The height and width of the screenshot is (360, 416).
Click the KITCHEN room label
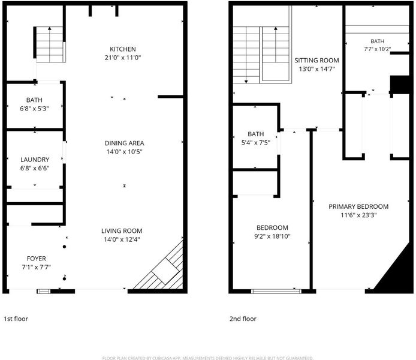[123, 49]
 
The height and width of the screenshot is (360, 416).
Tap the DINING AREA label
[124, 143]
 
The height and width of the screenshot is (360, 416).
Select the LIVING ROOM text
[122, 231]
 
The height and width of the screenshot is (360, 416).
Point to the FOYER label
[37, 259]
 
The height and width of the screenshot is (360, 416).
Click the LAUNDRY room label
[35, 160]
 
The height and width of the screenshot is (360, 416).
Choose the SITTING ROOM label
[316, 60]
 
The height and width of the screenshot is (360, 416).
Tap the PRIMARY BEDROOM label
[358, 206]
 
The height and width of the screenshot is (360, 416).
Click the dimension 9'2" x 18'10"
[272, 236]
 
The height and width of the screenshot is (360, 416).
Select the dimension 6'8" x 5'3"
[34, 109]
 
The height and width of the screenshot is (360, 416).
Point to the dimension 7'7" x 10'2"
[377, 49]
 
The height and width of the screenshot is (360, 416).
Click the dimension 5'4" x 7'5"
[256, 143]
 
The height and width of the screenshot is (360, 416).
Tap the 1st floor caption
[16, 319]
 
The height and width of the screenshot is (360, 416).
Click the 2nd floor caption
[243, 319]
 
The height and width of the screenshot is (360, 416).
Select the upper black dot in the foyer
[64, 247]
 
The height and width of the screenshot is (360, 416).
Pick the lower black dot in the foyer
[64, 279]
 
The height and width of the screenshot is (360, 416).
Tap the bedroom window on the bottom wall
[276, 291]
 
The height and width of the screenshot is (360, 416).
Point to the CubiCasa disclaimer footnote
[208, 358]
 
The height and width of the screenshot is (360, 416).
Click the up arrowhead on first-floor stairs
[50, 28]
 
